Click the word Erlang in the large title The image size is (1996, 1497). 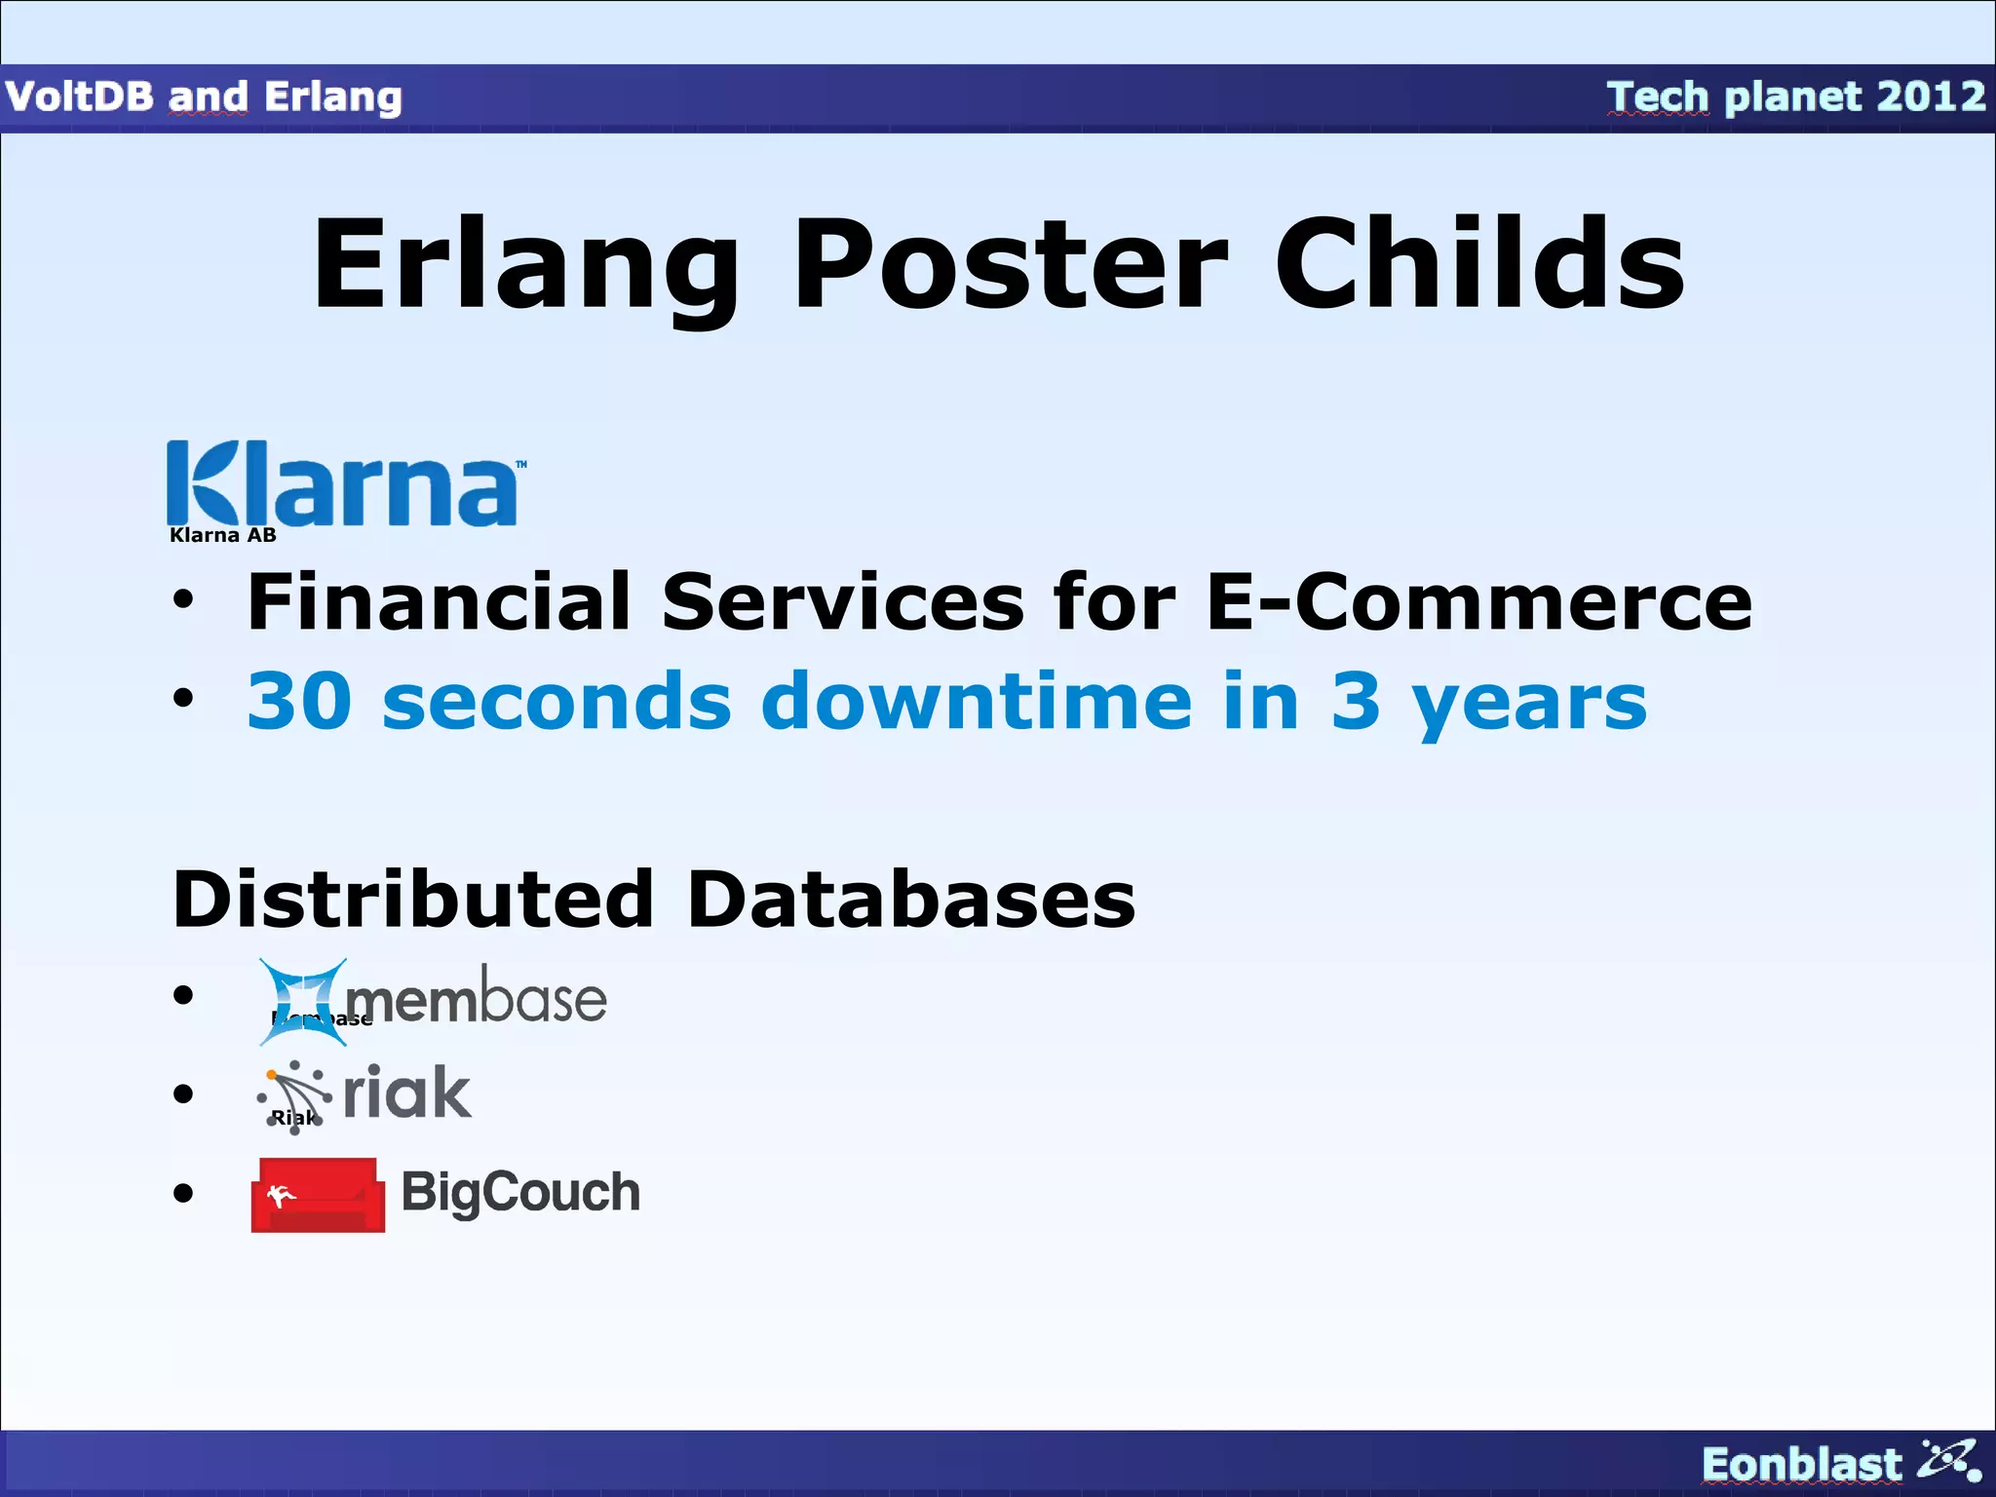pyautogui.click(x=526, y=265)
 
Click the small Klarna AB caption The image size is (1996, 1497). pyautogui.click(x=222, y=535)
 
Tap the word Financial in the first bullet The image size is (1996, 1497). pyautogui.click(x=439, y=601)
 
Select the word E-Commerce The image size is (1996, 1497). pyautogui.click(x=1478, y=601)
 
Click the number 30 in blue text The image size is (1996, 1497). pyautogui.click(x=298, y=701)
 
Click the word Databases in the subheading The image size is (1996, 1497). pyautogui.click(x=910, y=899)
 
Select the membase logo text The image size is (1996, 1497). pyautogui.click(x=476, y=1000)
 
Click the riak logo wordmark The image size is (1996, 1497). pyautogui.click(x=407, y=1093)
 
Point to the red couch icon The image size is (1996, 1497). pyautogui.click(x=318, y=1195)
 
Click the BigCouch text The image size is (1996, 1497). pyautogui.click(x=520, y=1192)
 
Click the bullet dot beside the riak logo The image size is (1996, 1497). pyautogui.click(x=183, y=1094)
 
